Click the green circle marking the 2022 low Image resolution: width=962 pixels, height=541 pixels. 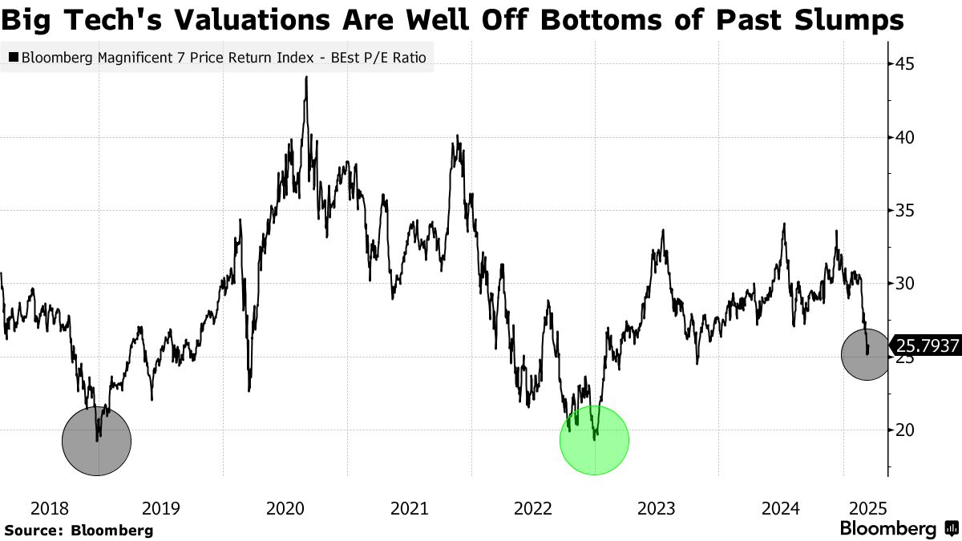[594, 440]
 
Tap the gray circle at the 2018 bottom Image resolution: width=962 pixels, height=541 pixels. [96, 440]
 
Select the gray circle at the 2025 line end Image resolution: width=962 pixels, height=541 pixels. [866, 355]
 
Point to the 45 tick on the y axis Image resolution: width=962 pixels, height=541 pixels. [905, 64]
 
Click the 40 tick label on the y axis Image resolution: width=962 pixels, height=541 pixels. [905, 137]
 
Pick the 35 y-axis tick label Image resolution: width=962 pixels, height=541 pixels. [905, 211]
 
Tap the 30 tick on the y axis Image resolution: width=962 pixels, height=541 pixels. [905, 284]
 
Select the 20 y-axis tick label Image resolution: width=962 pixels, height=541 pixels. [905, 430]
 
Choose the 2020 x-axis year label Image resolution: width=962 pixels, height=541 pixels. [285, 508]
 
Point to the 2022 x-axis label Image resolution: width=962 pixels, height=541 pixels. [532, 508]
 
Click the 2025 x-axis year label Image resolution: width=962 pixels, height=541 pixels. [866, 508]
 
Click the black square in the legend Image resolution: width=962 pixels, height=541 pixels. [14, 58]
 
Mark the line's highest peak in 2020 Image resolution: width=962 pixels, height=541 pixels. [306, 78]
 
